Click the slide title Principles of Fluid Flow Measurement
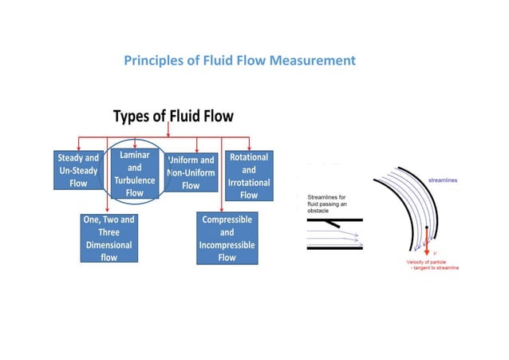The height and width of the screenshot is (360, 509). [x=240, y=61]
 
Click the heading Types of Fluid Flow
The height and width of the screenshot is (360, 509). [x=173, y=117]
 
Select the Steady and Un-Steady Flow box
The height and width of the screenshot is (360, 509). [x=77, y=170]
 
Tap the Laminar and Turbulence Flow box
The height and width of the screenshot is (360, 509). [x=134, y=169]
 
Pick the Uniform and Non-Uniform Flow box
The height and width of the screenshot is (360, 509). [x=191, y=172]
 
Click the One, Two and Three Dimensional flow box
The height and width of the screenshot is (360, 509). [x=109, y=238]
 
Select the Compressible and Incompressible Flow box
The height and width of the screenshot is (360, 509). [x=227, y=238]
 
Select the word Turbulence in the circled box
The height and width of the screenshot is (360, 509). [x=134, y=180]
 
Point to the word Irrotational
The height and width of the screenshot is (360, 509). [x=249, y=182]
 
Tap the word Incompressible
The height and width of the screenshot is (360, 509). [x=227, y=245]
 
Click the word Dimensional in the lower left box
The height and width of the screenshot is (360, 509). [x=109, y=245]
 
